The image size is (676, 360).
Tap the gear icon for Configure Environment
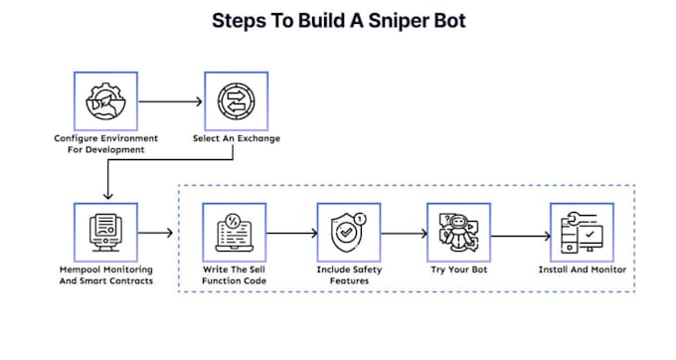[x=105, y=101]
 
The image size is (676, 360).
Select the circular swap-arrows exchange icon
[x=236, y=101]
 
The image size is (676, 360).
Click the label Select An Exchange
[x=237, y=138]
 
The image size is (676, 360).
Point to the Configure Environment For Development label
[x=106, y=144]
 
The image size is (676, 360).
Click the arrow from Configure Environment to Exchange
[x=170, y=101]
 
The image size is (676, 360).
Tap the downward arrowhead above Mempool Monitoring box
[x=107, y=195]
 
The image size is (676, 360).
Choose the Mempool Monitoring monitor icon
[x=105, y=233]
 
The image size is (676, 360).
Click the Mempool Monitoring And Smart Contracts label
[x=106, y=275]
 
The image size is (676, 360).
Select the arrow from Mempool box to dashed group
[x=155, y=233]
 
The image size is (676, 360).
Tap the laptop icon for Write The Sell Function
[x=234, y=233]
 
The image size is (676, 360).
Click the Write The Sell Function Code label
[x=234, y=275]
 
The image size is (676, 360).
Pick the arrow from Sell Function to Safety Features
[x=292, y=234]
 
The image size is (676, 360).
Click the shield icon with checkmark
[x=345, y=234]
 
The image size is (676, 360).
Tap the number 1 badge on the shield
[x=360, y=220]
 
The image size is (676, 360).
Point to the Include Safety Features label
[x=349, y=275]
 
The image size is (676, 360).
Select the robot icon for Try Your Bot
[x=458, y=233]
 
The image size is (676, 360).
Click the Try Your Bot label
[x=458, y=270]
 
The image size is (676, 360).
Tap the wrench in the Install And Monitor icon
[x=576, y=219]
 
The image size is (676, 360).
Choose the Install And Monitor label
[x=582, y=270]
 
